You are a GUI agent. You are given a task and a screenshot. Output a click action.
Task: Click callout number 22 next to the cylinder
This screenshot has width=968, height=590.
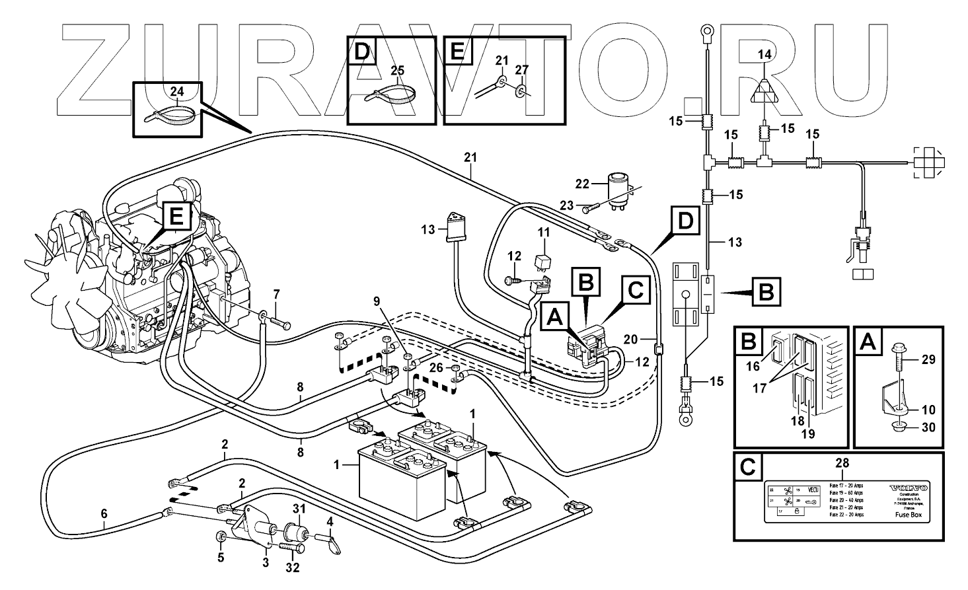click(x=581, y=183)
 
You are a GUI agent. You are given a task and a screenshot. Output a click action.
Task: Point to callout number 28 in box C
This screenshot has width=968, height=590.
click(x=842, y=463)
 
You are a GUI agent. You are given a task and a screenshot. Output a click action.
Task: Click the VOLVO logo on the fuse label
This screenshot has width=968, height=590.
click(x=909, y=488)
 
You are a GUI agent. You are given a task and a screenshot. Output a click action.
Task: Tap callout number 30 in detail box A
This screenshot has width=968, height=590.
click(x=928, y=427)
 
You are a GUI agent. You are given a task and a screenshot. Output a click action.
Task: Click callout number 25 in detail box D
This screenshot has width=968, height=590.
click(x=396, y=69)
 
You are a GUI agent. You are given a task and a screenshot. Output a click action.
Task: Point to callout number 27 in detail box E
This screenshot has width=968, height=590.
click(x=521, y=69)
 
